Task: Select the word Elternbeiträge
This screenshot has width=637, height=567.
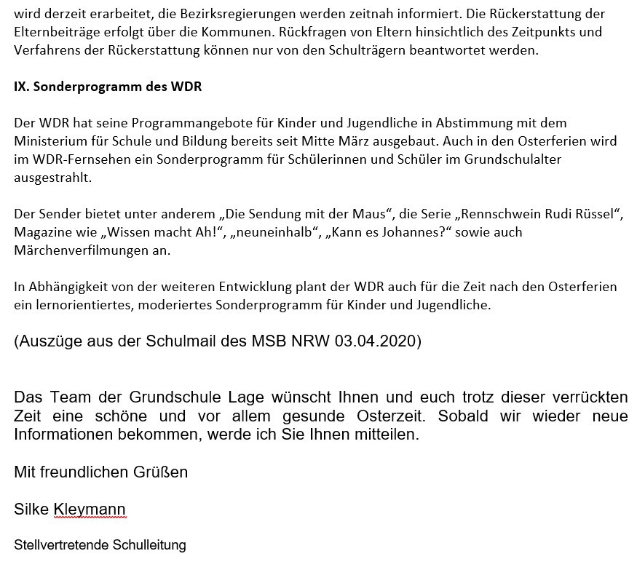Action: point(55,33)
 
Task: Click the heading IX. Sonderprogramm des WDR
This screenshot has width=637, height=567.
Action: point(108,87)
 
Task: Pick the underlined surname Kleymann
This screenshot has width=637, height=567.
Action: point(90,509)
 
